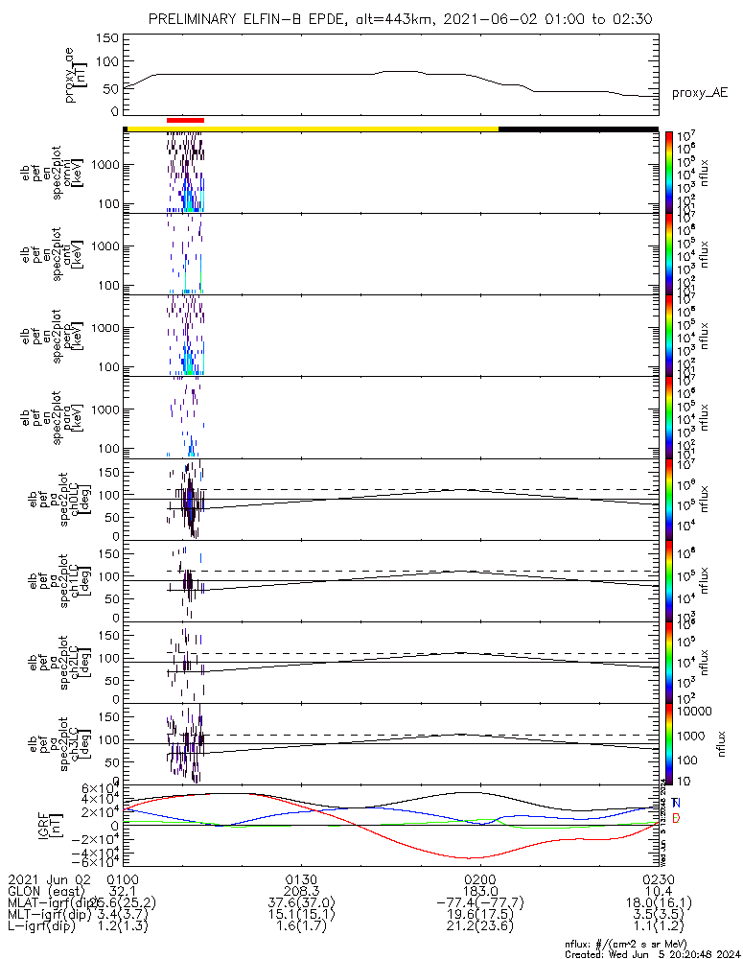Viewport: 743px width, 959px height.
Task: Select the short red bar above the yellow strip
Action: point(185,120)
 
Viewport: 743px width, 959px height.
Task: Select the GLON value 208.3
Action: point(302,891)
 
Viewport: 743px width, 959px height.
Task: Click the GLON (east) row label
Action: point(44,891)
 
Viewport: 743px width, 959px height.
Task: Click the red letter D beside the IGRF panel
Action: point(676,817)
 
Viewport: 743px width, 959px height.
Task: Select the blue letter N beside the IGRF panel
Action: point(676,803)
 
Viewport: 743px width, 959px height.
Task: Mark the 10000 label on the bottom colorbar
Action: point(696,712)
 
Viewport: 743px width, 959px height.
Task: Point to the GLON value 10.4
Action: point(659,891)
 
